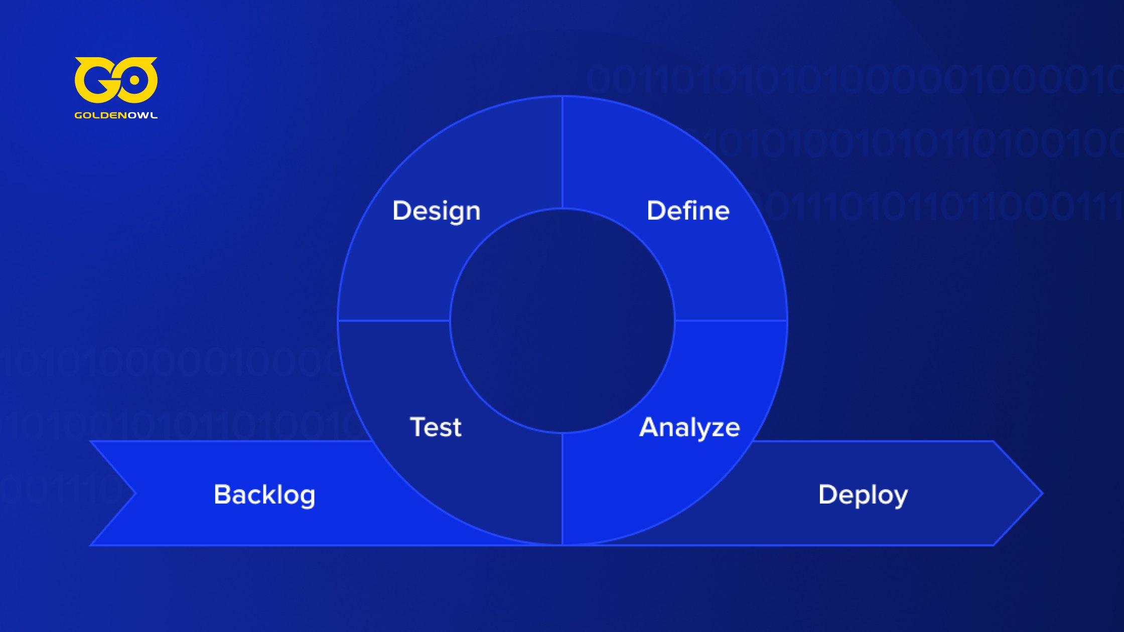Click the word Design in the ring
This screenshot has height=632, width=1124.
pos(436,211)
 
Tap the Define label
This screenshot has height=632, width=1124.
pos(688,211)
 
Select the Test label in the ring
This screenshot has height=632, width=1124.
pos(436,427)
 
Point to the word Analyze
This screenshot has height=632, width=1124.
pos(689,428)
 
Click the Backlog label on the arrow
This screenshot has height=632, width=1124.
pos(264,495)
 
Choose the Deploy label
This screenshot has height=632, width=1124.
pos(863,495)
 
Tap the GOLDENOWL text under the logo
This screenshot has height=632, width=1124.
pos(116,115)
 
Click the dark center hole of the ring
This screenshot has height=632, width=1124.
pos(562,321)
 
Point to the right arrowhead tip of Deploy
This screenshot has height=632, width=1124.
pos(1043,494)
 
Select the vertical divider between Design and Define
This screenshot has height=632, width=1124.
pos(562,152)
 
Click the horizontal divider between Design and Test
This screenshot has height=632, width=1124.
pos(394,321)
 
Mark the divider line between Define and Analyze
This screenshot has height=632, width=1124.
pos(731,321)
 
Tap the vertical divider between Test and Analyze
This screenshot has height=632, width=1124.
pos(562,489)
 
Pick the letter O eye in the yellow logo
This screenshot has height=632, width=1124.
pos(136,81)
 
